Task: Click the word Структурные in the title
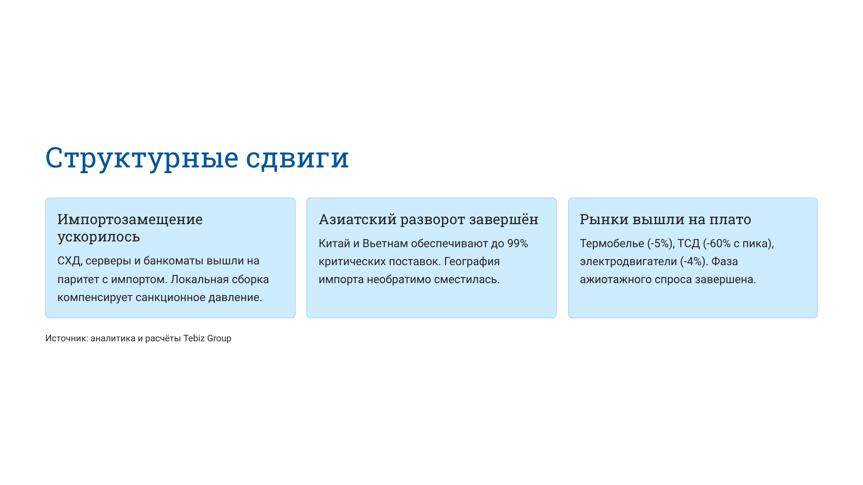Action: [x=142, y=158]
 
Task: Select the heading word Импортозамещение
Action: [x=130, y=219]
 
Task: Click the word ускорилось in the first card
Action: [x=99, y=237]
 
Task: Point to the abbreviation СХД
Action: [x=69, y=261]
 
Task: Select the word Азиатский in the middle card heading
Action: [x=357, y=219]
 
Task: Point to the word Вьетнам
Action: [x=385, y=244]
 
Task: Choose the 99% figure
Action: [x=517, y=244]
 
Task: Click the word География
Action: [x=472, y=262]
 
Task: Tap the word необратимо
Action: [x=399, y=280]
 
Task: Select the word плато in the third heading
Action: [x=730, y=219]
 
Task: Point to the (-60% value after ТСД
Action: [x=717, y=244]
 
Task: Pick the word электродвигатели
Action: [x=628, y=262]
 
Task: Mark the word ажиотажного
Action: [x=616, y=280]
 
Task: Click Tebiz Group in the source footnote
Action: [x=207, y=338]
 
